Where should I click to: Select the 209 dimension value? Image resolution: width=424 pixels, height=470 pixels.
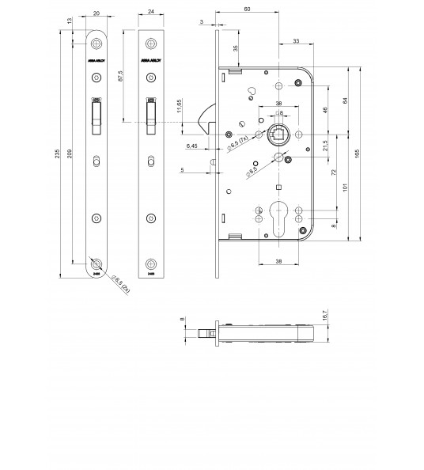point(74,155)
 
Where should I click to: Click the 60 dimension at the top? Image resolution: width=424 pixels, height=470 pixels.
point(248,9)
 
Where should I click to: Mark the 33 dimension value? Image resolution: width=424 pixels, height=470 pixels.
point(295,40)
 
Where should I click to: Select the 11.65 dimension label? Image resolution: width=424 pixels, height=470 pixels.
point(180,107)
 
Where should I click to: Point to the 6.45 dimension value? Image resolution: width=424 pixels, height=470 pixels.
point(192,146)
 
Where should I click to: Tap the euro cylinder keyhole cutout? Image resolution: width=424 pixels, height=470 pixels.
point(280,215)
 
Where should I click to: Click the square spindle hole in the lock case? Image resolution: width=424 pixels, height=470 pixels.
point(280,134)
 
